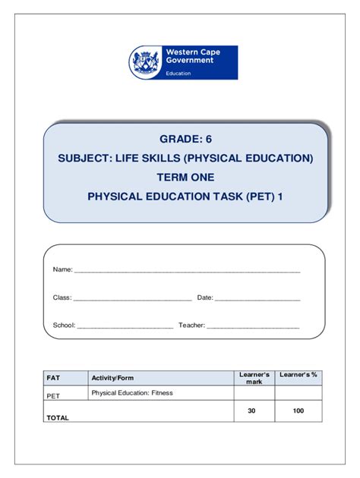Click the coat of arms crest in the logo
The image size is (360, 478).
142,61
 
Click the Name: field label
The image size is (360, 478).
62,270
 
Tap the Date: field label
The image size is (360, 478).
205,297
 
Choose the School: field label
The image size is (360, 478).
64,325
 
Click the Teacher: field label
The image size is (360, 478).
191,325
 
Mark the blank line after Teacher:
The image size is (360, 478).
253,327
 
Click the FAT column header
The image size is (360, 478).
53,377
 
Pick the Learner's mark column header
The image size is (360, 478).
254,377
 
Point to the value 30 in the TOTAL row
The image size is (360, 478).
252,410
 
